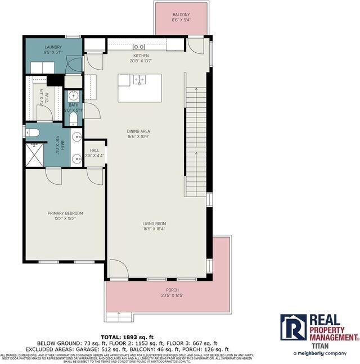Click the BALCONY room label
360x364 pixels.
(x=181, y=15)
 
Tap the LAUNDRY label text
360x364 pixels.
(x=53, y=47)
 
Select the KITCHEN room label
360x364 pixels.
(x=141, y=56)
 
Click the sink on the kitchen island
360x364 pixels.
(x=138, y=80)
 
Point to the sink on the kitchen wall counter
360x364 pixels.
(x=139, y=47)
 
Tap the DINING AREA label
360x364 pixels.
(x=138, y=131)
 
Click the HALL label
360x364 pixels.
(x=94, y=150)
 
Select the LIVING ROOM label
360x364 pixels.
(x=154, y=224)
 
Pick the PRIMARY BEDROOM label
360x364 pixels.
(x=65, y=213)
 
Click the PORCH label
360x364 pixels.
(x=172, y=290)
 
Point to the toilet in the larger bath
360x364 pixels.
(x=33, y=133)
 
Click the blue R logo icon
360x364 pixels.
(x=293, y=327)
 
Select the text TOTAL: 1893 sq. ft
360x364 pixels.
(x=127, y=337)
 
